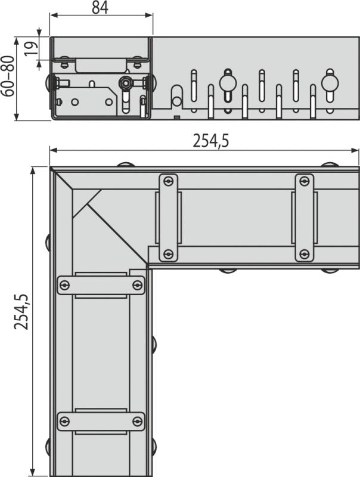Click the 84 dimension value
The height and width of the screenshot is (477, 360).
[100, 8]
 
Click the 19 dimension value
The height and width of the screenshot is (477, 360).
[31, 48]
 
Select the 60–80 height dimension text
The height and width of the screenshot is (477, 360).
[8, 76]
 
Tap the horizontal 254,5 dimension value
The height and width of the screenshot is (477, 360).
[210, 141]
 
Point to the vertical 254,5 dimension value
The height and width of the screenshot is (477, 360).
[21, 312]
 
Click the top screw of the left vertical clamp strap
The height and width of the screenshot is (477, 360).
[168, 182]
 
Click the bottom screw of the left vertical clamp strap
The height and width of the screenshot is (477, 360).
[168, 253]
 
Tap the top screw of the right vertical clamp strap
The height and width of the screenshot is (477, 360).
[305, 182]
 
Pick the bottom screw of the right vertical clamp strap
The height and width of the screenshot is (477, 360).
[305, 253]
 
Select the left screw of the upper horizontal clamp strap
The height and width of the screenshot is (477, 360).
[64, 286]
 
